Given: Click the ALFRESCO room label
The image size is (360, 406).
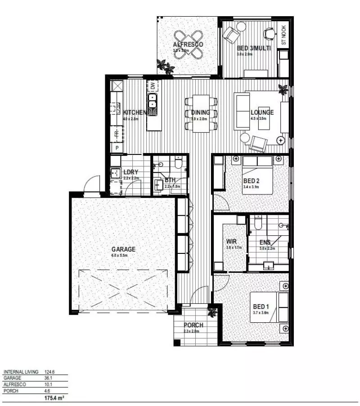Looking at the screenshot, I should tap(188, 44).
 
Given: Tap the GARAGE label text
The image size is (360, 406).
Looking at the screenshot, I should tap(123, 249).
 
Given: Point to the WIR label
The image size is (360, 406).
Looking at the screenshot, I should tap(231, 241).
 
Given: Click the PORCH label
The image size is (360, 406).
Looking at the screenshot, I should tap(193, 325).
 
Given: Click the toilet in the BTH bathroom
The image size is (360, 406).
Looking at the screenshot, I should tap(178, 162).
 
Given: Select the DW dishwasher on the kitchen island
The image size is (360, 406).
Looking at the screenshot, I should tap(153, 86).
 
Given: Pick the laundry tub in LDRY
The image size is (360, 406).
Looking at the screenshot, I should tap(115, 172).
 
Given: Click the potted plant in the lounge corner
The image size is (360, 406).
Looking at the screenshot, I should tap(283, 89).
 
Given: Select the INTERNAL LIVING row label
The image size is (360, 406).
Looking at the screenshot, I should tap(21, 372).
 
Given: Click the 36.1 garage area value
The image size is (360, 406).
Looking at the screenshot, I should tap(49, 379).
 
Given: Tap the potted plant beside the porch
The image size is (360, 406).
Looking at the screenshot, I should tap(211, 311).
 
